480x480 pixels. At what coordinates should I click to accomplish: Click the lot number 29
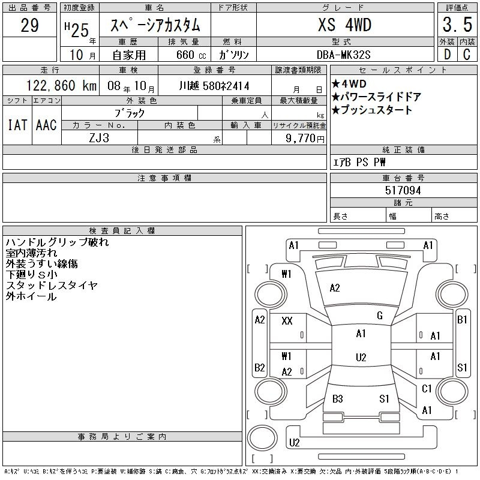pyautogui.click(x=29, y=25)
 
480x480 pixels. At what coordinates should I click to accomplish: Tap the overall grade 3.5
pyautogui.click(x=457, y=25)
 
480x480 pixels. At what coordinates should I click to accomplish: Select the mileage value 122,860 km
pyautogui.click(x=61, y=85)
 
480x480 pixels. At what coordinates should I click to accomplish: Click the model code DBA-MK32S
pyautogui.click(x=343, y=55)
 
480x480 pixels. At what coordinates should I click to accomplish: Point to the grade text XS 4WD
pyautogui.click(x=344, y=25)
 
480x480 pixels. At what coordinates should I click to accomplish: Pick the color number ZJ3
pyautogui.click(x=99, y=138)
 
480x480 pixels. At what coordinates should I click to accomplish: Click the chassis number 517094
pyautogui.click(x=403, y=190)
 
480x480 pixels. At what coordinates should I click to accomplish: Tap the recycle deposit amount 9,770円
pyautogui.click(x=305, y=139)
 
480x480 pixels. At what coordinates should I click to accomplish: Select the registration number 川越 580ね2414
pyautogui.click(x=214, y=86)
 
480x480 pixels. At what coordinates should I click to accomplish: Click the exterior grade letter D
pyautogui.click(x=447, y=55)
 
